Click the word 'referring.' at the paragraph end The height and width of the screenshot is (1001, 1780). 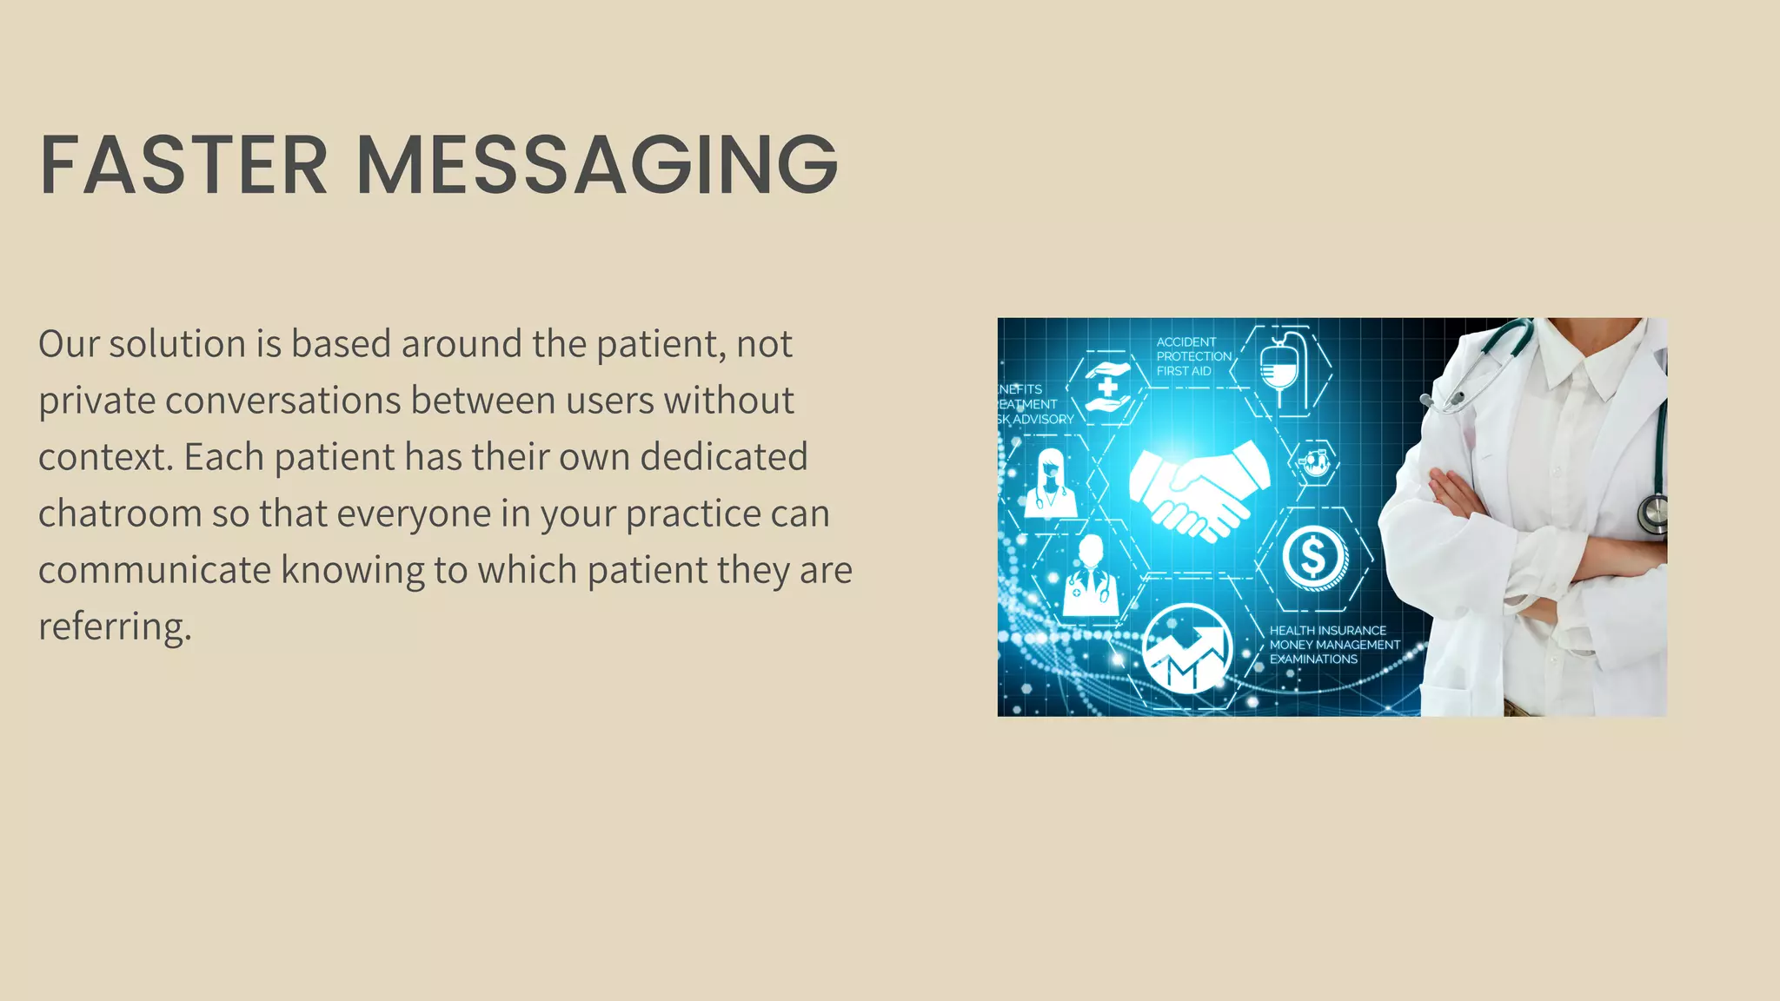coord(115,626)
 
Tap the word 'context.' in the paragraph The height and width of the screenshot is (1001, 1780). coord(105,457)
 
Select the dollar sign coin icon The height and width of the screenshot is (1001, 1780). coord(1314,557)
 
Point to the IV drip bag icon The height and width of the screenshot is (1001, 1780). coord(1279,369)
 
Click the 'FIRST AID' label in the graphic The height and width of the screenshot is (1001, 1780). coord(1183,371)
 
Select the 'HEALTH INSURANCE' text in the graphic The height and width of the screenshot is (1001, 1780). coord(1327,630)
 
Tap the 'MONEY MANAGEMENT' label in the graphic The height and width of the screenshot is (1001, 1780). coord(1334,645)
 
